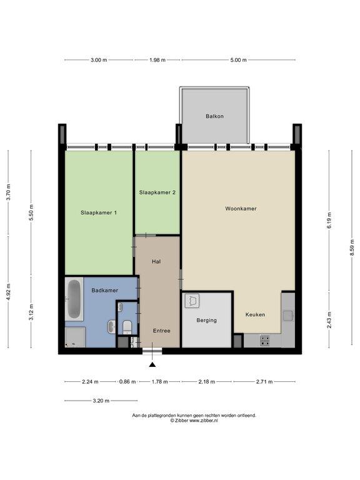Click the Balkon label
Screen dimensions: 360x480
coord(214,116)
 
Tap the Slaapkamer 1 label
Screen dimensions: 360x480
coord(99,212)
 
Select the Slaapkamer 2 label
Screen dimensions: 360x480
coord(157,192)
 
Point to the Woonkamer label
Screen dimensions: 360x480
coord(241,209)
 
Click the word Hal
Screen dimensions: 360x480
coord(156,261)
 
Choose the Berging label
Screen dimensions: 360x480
coord(207,320)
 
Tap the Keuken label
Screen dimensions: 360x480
coord(255,314)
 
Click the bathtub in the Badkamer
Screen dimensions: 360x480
coord(74,299)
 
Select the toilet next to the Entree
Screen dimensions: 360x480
coord(127,327)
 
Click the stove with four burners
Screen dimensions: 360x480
coord(265,341)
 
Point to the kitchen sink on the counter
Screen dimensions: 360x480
coord(288,316)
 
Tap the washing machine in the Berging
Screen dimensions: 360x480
coord(192,301)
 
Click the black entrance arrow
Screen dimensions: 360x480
coord(152,364)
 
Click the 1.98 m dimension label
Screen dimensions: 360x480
coord(157,60)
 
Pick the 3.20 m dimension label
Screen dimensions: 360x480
coord(101,401)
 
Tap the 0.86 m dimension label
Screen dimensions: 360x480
coord(127,382)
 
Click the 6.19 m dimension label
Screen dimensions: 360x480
coord(329,220)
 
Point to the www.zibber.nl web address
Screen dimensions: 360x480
coord(204,421)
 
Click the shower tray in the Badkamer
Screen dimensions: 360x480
coord(75,337)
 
